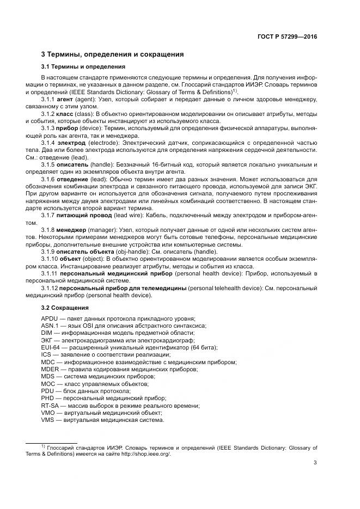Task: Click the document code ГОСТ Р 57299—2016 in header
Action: coord(286,36)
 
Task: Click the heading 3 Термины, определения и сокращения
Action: coord(112,54)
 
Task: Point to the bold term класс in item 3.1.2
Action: coord(66,114)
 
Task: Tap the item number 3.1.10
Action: coord(51,259)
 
